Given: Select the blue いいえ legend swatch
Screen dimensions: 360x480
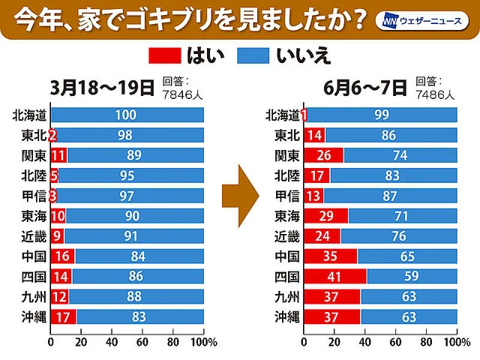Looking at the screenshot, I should click(255, 55).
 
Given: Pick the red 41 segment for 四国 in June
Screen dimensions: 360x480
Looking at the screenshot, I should click(334, 276).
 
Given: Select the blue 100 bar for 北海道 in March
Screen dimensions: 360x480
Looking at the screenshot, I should click(126, 115).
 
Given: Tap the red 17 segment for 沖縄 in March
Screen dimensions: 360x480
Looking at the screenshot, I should click(62, 316).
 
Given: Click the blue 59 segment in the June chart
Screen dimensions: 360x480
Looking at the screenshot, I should click(412, 276).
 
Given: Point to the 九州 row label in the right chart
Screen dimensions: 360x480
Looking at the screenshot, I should click(287, 296).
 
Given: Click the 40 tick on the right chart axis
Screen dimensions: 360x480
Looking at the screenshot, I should click(364, 343).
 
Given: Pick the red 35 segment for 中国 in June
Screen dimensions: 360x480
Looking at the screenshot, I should click(330, 256).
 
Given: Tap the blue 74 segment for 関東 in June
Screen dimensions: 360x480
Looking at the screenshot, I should click(400, 155).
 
